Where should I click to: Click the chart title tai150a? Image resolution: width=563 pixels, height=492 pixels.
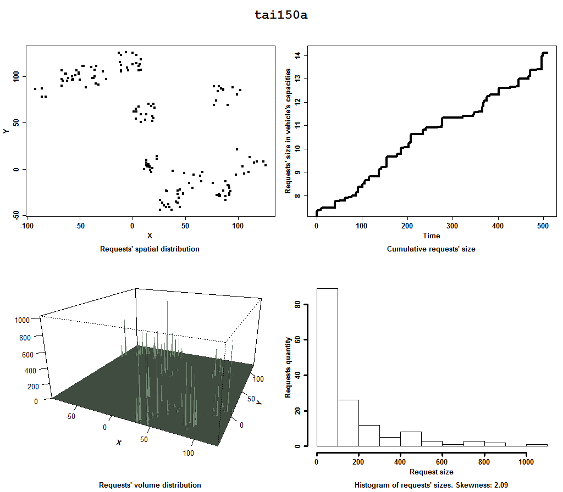pos(281,15)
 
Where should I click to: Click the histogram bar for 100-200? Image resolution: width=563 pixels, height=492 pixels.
pos(348,423)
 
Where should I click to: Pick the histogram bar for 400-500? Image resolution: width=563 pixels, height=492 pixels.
pos(411,439)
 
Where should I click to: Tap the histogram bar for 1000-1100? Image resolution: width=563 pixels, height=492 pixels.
pos(537,445)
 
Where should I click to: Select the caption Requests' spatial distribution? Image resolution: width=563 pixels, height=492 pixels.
pos(150,249)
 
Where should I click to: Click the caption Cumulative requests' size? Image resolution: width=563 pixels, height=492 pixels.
pos(431,249)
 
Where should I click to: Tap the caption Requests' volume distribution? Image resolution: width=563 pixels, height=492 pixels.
pos(150,485)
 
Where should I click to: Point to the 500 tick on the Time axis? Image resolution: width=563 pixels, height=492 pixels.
pos(543,226)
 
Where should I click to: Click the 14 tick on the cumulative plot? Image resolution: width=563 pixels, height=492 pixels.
pos(297,55)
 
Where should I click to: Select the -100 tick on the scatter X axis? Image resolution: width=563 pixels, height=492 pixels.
pos(26,226)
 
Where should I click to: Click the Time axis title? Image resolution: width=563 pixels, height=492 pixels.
pos(431,236)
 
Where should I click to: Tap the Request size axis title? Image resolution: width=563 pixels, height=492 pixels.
pos(431,472)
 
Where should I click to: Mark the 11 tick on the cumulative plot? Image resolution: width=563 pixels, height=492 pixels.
pos(297,126)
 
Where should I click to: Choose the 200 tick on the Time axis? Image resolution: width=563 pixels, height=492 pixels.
pos(407,226)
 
